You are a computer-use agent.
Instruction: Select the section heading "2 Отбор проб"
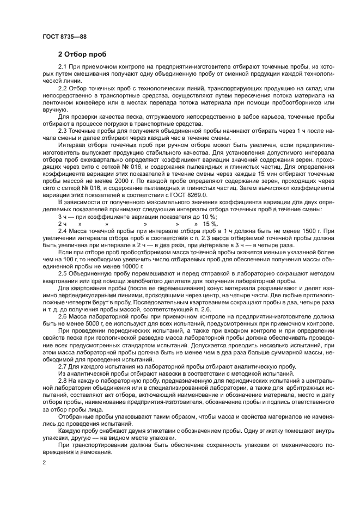coord(83,54)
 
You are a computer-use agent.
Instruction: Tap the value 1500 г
coord(309,231)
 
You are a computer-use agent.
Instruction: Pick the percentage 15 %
coord(211,224)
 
